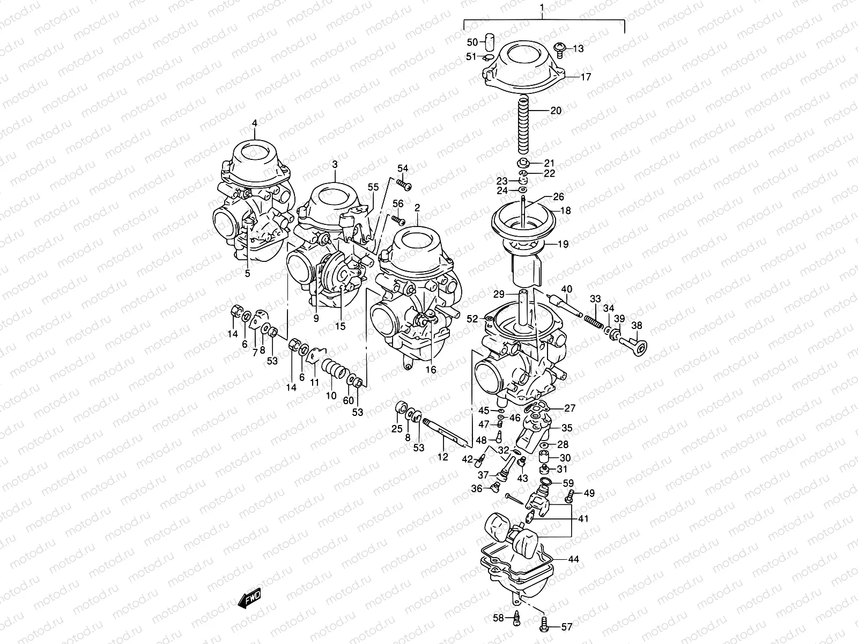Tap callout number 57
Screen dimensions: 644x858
pyautogui.click(x=566, y=626)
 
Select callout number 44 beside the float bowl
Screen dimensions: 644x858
pyautogui.click(x=573, y=559)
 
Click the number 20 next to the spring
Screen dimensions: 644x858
pyautogui.click(x=556, y=111)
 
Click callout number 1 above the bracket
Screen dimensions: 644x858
pyautogui.click(x=542, y=8)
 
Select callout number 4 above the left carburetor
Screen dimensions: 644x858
pyautogui.click(x=254, y=123)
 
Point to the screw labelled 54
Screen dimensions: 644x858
pyautogui.click(x=404, y=185)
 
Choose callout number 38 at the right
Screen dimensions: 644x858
pyautogui.click(x=637, y=325)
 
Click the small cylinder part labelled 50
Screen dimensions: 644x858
pyautogui.click(x=489, y=41)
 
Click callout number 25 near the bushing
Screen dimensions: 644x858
pyautogui.click(x=396, y=428)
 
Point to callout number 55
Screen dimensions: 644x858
pyautogui.click(x=373, y=187)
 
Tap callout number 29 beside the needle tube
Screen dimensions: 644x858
pyautogui.click(x=499, y=294)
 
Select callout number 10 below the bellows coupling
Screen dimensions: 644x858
pyautogui.click(x=331, y=396)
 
